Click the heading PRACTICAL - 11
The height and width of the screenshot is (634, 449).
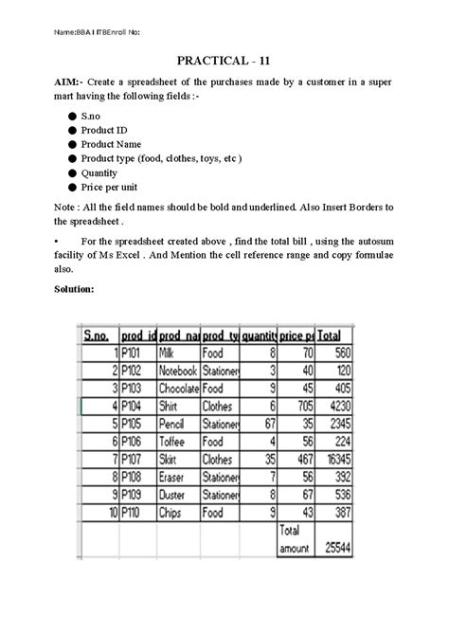pos(224,60)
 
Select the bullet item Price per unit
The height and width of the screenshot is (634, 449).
pos(110,190)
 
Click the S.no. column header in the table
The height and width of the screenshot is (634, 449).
pos(98,335)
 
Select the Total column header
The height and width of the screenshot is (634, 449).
pos(331,335)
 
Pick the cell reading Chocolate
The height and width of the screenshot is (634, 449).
pos(178,388)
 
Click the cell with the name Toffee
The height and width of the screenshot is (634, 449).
pos(174,442)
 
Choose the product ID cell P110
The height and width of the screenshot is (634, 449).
pos(132,512)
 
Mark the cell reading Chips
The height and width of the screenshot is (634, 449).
pos(173,512)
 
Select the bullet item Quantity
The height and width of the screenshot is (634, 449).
pos(102,174)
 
